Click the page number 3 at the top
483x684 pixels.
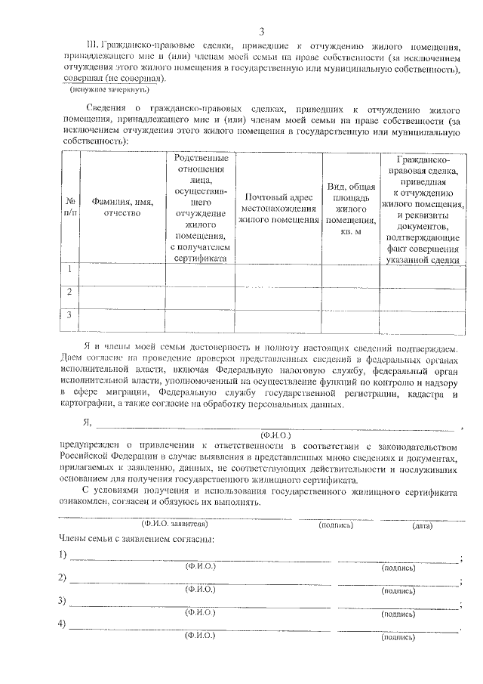click(261, 31)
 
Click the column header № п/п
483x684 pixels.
click(69, 207)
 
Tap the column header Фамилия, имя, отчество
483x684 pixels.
click(122, 207)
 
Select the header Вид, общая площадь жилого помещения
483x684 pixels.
click(350, 208)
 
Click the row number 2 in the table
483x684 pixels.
click(69, 292)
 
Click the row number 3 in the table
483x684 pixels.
click(69, 314)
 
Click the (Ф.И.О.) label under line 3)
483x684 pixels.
click(201, 613)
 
